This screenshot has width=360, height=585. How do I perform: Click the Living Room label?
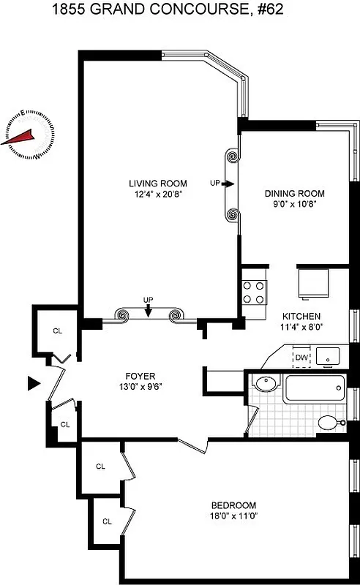(x=157, y=184)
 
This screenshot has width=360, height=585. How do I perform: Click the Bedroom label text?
(x=233, y=505)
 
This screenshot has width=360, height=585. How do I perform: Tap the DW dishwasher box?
(x=301, y=358)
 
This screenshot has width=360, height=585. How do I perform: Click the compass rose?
(x=29, y=135)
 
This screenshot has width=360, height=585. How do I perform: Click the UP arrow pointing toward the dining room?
(x=228, y=184)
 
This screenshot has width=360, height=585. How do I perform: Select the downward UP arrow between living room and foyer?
(x=149, y=311)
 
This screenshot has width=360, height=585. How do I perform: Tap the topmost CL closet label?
(x=57, y=331)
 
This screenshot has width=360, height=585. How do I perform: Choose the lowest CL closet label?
(x=107, y=521)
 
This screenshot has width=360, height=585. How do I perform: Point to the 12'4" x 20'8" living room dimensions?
(x=157, y=195)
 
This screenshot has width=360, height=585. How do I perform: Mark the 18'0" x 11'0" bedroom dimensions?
(x=233, y=516)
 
